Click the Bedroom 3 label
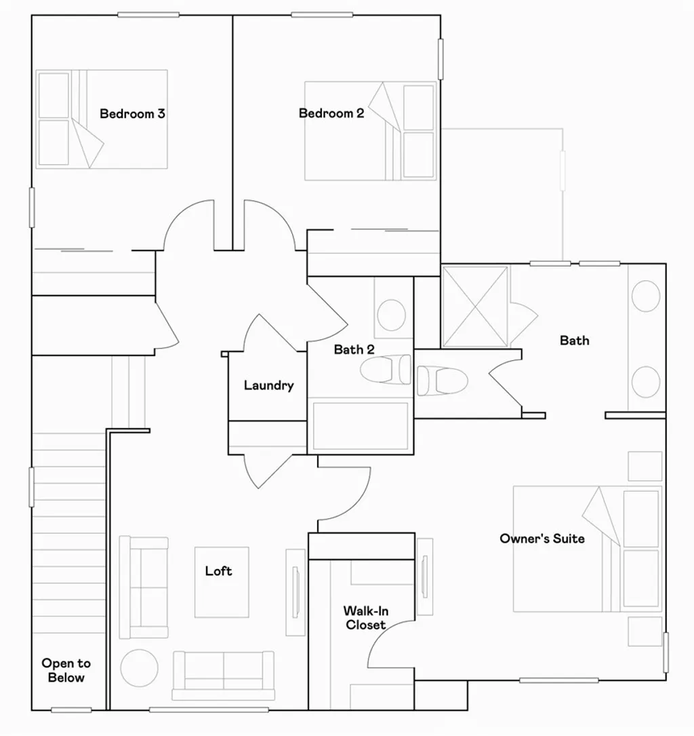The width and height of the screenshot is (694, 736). tap(132, 113)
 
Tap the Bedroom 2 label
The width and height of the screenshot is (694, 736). tap(331, 113)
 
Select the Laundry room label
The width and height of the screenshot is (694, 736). tap(268, 385)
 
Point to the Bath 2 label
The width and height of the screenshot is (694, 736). tap(354, 350)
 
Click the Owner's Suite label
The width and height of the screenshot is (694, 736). tap(542, 539)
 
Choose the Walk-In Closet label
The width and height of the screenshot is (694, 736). tap(365, 618)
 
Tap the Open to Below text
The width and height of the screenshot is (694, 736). tap(66, 670)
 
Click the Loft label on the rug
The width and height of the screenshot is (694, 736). tap(219, 571)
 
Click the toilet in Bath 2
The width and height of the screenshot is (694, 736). tap(385, 370)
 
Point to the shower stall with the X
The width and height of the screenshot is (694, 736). tap(474, 307)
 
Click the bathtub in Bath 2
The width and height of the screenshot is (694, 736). tap(360, 426)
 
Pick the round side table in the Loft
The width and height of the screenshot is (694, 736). tap(140, 667)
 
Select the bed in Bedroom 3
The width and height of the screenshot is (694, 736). tap(102, 119)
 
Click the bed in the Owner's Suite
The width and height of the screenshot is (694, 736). tap(586, 548)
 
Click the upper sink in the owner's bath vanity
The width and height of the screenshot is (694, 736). tap(645, 296)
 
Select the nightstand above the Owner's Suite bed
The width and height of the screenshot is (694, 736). tap(645, 466)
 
